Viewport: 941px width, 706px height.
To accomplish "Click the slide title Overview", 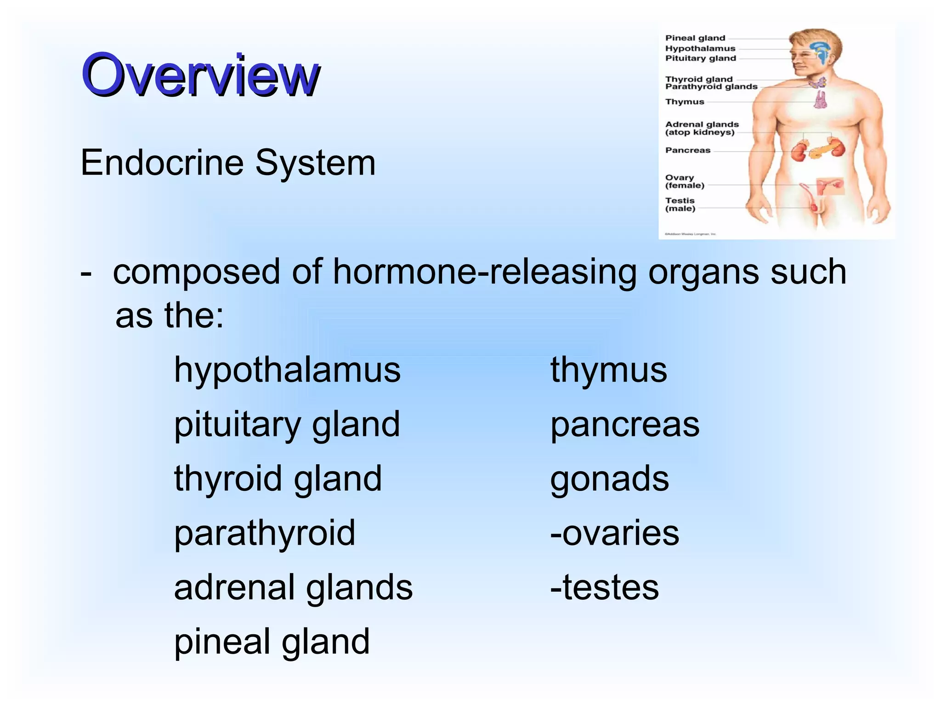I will (x=200, y=75).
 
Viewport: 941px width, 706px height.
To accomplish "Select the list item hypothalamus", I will (x=287, y=370).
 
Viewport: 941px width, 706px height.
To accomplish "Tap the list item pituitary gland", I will (x=287, y=425).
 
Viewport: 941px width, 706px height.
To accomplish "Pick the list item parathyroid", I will (x=265, y=533).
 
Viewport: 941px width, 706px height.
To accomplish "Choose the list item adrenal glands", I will (x=293, y=587).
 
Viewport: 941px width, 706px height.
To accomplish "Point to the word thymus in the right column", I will (x=608, y=370).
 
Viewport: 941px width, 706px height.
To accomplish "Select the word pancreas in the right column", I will (x=625, y=425).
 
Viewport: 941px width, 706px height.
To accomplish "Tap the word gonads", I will (x=609, y=479).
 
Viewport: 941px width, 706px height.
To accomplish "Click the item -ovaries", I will (x=614, y=533).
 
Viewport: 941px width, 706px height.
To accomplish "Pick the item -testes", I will (x=604, y=587).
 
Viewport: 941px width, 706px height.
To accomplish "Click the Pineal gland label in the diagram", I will (x=695, y=38).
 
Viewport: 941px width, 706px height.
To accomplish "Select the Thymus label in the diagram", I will (x=684, y=102).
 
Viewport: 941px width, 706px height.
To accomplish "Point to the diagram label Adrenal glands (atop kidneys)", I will (x=702, y=128).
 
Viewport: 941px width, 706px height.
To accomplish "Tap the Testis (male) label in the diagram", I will (x=680, y=205).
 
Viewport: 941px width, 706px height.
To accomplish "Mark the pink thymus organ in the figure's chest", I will (x=820, y=100).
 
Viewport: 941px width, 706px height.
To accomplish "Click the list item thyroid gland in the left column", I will (x=278, y=479).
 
